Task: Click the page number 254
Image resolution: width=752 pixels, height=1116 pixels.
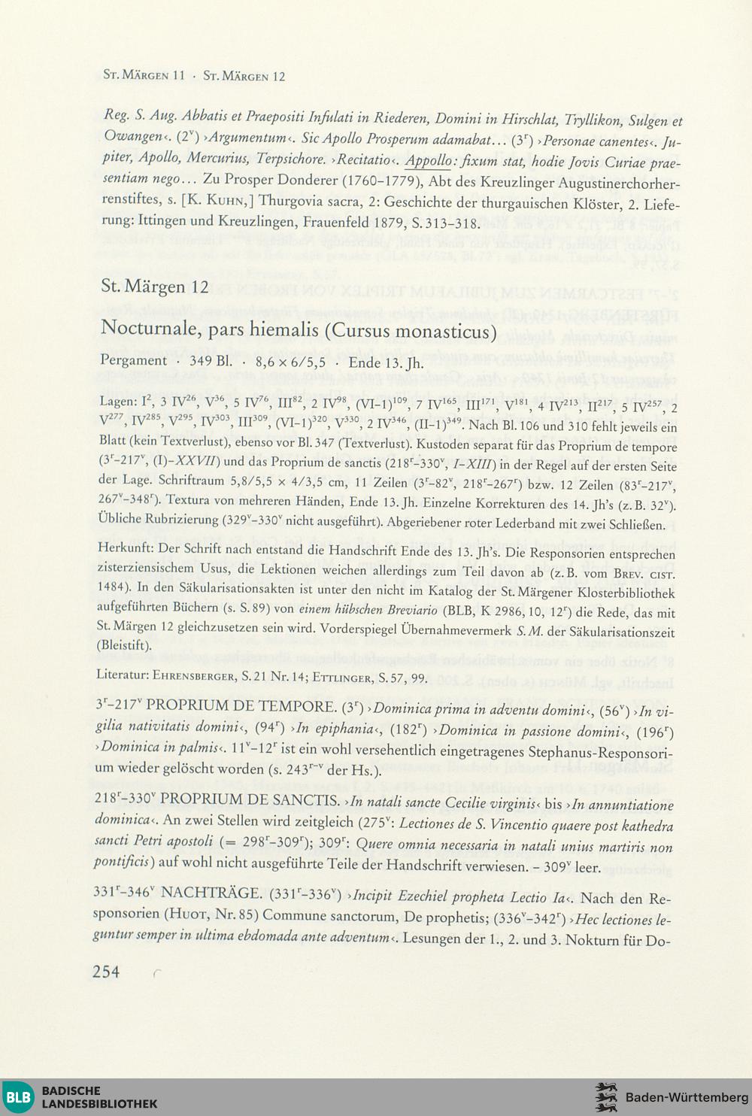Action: coord(106,972)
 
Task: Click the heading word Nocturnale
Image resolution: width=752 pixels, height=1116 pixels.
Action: coord(148,329)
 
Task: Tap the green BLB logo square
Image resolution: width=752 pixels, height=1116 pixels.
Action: coord(17,1097)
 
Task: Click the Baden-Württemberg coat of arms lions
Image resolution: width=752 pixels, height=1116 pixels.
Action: coord(606,1097)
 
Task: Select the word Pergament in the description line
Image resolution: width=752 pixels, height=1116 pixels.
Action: coord(134,361)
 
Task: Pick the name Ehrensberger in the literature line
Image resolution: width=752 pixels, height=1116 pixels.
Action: coord(189,676)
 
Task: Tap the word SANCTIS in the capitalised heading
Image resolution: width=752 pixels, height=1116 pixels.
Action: coord(304,799)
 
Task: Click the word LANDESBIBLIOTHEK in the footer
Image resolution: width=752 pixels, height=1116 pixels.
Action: coord(99,1104)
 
